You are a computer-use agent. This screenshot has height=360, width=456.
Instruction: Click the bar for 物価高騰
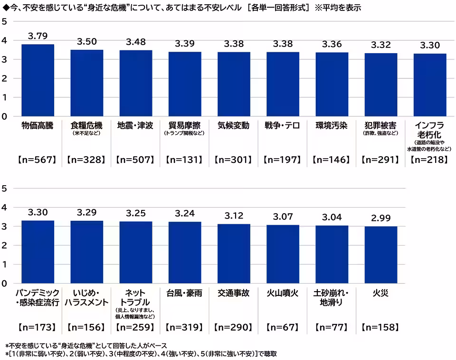pos(38,80)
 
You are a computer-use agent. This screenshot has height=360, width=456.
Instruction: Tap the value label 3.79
pos(38,36)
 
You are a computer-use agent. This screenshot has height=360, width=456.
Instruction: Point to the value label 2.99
pos(381,218)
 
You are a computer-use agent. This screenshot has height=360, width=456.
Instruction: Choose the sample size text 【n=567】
pos(38,160)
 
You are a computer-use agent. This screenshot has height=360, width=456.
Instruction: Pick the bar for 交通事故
pos(234,254)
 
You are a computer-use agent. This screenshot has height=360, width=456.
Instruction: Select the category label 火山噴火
pos(283,293)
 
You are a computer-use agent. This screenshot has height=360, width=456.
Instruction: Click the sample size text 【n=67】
pos(283,327)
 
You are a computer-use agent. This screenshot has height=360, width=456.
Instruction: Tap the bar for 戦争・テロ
pos(283,84)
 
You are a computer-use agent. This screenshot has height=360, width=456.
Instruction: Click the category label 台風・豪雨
pos(185,293)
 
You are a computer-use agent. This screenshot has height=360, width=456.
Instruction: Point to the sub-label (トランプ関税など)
pos(185,134)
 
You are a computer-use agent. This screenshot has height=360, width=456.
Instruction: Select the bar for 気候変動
pos(234,84)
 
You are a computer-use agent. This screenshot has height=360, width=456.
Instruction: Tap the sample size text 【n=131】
pos(185,160)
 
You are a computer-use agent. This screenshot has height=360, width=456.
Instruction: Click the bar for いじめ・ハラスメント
pos(87,252)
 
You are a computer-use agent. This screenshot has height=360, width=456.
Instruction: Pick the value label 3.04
pos(332,217)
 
